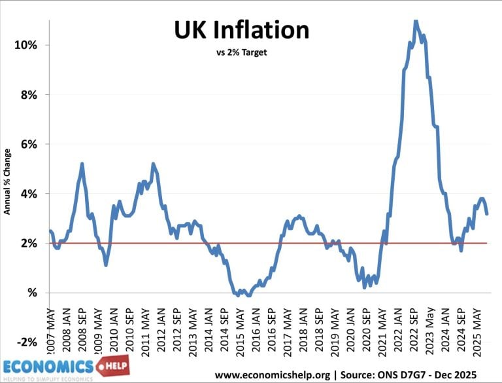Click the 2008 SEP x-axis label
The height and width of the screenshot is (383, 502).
point(83,321)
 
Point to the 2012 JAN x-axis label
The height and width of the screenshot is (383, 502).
point(160,321)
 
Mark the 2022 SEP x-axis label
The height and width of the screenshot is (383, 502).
point(414,321)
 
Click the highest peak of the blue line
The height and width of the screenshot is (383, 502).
point(416,21)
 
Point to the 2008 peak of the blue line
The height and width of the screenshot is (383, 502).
point(82,164)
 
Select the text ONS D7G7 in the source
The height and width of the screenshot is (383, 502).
point(410,375)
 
